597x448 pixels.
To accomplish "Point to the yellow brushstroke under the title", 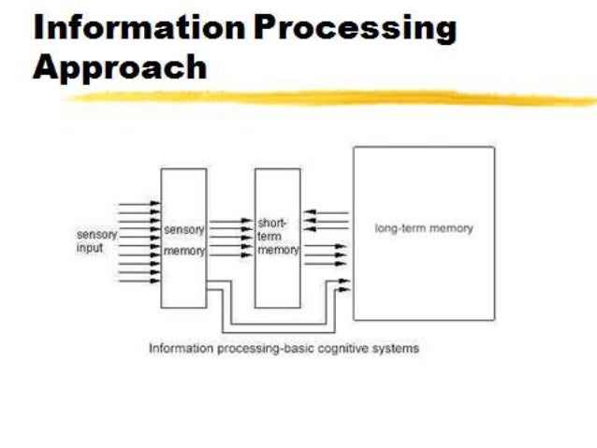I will pyautogui.click(x=328, y=97).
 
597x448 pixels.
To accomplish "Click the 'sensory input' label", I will pyautogui.click(x=96, y=241).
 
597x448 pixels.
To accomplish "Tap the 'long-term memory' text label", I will pyautogui.click(x=424, y=228).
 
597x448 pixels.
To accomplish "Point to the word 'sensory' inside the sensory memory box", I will pyautogui.click(x=183, y=230).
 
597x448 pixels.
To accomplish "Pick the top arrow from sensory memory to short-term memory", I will pyautogui.click(x=230, y=223).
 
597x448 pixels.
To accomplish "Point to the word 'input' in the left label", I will pyautogui.click(x=90, y=248).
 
